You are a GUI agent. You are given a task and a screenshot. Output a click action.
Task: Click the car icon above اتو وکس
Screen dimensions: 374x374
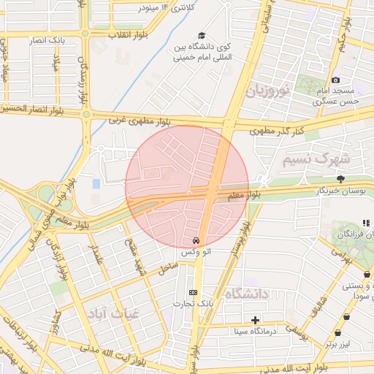(x=196, y=240)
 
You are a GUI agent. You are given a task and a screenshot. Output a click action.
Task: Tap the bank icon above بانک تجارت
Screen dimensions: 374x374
(x=193, y=292)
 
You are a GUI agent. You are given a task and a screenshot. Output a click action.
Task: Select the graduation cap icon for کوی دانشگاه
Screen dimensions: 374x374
(x=201, y=36)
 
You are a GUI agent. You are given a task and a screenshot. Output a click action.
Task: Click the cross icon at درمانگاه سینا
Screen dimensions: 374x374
(x=255, y=320)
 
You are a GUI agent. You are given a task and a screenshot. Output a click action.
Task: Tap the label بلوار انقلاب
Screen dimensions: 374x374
(x=129, y=34)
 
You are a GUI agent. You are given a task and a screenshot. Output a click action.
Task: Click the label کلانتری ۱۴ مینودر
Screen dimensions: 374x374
(x=169, y=7)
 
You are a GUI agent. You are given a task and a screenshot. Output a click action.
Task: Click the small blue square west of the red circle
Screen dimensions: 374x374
(x=97, y=183)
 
